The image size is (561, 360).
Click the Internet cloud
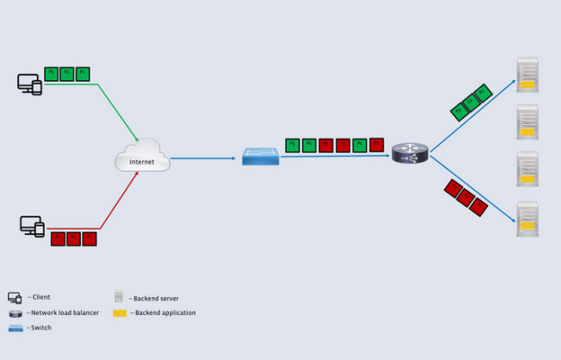pyautogui.click(x=141, y=157)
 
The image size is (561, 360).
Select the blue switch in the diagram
pyautogui.click(x=260, y=157)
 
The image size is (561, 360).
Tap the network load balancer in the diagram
pyautogui.click(x=409, y=153)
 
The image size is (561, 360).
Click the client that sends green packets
pyautogui.click(x=29, y=84)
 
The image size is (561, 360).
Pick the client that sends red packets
pyautogui.click(x=32, y=227)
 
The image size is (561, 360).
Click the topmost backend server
pyautogui.click(x=527, y=74)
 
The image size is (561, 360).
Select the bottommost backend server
pyautogui.click(x=527, y=219)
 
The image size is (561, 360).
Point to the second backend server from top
pyautogui.click(x=527, y=121)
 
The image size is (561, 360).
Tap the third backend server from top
pyautogui.click(x=527, y=169)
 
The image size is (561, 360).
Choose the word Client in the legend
pyautogui.click(x=41, y=297)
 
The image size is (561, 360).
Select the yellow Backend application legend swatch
pyautogui.click(x=120, y=313)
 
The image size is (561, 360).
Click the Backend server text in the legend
pyautogui.click(x=156, y=298)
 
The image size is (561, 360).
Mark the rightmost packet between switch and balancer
pyautogui.click(x=377, y=145)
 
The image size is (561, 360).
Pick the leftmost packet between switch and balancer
pyautogui.click(x=292, y=145)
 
